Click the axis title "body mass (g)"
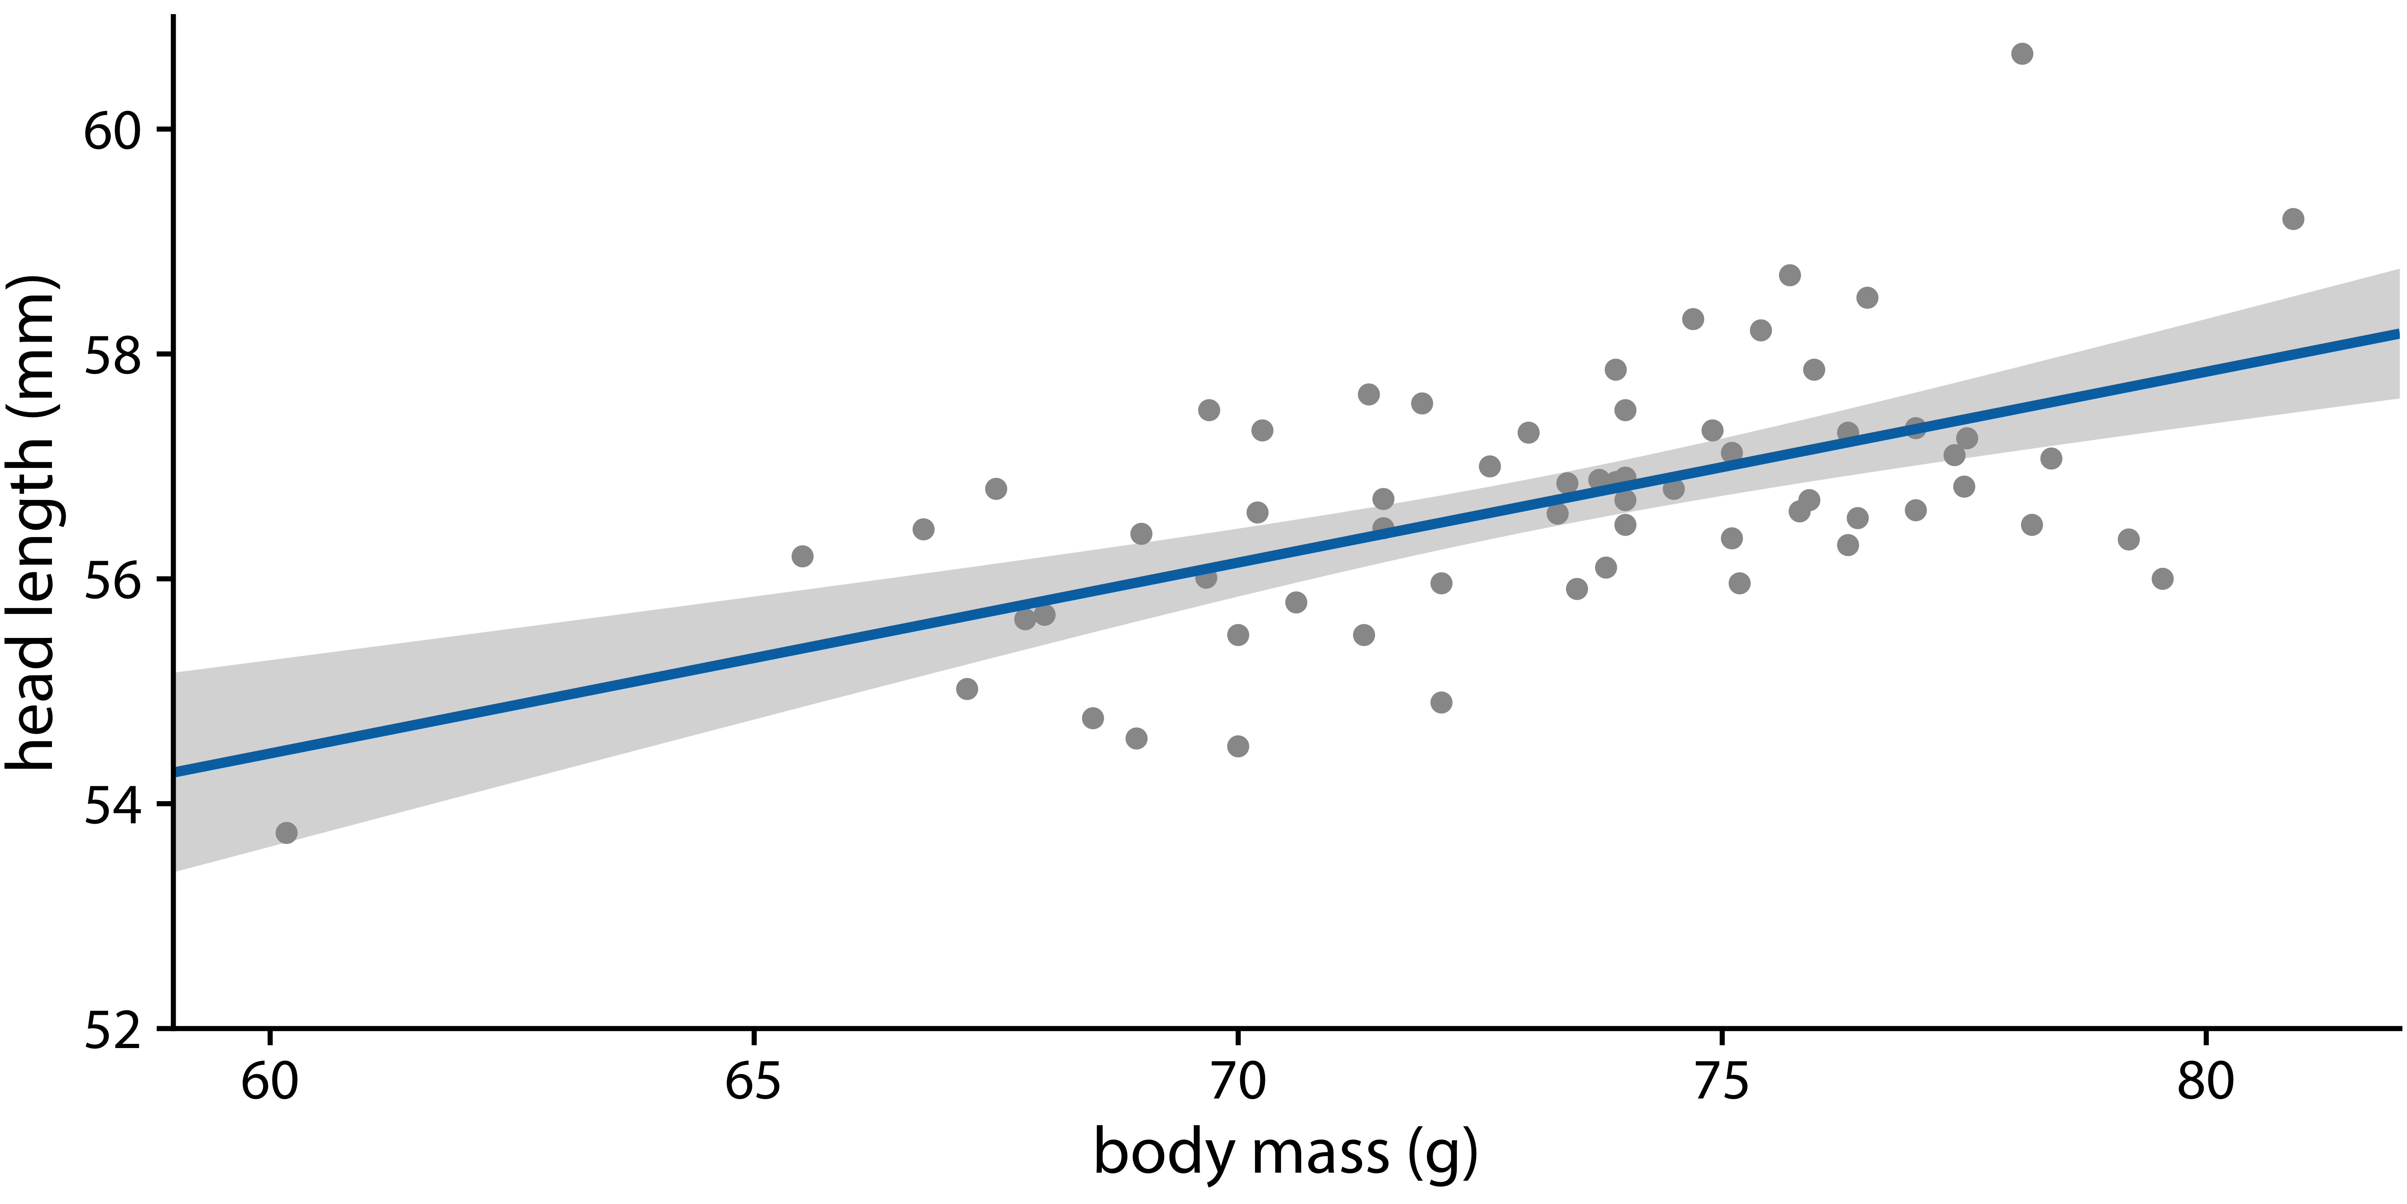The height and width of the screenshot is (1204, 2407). click(x=1286, y=1152)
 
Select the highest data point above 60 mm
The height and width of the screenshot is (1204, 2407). click(x=2022, y=53)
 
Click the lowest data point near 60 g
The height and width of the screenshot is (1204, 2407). click(x=287, y=832)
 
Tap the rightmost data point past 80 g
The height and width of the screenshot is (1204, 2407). click(x=2293, y=219)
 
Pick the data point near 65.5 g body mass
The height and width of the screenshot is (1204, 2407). click(x=802, y=556)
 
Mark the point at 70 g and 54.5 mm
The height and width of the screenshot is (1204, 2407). click(x=1238, y=746)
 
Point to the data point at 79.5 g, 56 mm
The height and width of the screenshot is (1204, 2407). click(x=2162, y=579)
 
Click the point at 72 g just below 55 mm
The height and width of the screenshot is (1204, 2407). click(x=1442, y=702)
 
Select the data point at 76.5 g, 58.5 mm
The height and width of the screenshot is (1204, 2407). click(x=1867, y=297)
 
